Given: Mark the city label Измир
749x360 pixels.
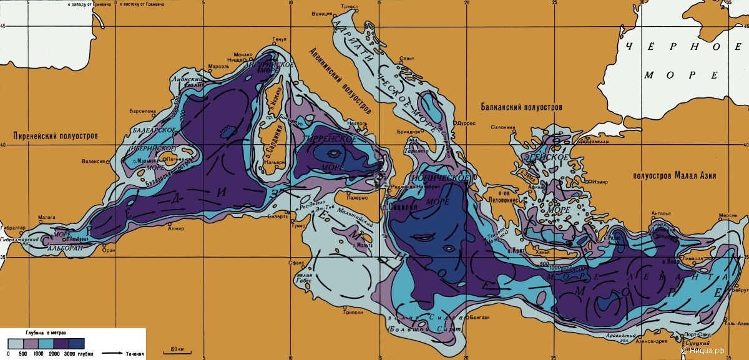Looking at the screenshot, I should [x=600, y=182].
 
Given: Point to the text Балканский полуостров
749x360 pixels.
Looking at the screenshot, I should [x=521, y=107].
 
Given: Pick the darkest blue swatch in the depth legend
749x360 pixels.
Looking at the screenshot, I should [x=77, y=343].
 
